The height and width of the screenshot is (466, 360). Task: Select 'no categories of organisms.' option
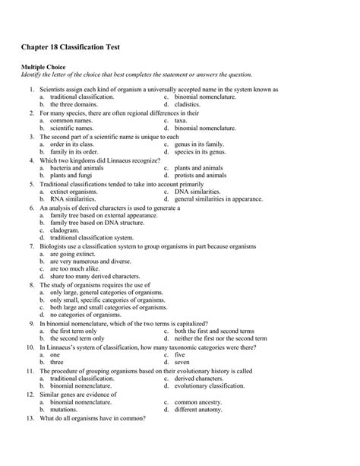[x=87, y=314]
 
